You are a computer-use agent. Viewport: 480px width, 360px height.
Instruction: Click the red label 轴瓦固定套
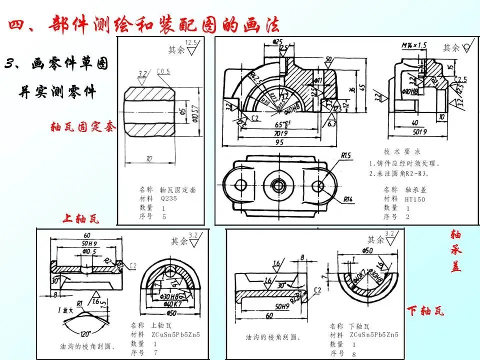(83, 127)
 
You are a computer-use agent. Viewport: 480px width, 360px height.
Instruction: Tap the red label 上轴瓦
(81, 218)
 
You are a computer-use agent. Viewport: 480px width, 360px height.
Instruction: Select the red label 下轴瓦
(425, 311)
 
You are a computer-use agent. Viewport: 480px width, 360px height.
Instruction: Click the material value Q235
(169, 198)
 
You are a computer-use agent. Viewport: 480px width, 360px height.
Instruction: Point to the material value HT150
(415, 198)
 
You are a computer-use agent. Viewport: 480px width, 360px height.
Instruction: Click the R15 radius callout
(347, 155)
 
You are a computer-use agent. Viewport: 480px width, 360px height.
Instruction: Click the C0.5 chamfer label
(163, 71)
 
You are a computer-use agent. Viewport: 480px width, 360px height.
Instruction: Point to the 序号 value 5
(164, 217)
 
